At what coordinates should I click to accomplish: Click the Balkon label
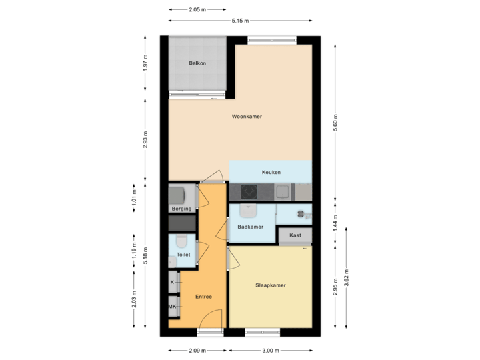(x=197, y=63)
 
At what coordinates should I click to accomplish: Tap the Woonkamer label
(x=247, y=117)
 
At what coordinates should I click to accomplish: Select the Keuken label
(x=271, y=172)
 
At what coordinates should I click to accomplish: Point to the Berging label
(x=181, y=209)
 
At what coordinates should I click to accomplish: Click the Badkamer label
(x=250, y=227)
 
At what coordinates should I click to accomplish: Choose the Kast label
(x=296, y=235)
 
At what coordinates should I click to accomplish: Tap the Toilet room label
(x=183, y=255)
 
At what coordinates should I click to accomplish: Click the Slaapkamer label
(x=271, y=285)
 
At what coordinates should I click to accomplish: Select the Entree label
(x=203, y=297)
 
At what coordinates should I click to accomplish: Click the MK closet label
(x=172, y=307)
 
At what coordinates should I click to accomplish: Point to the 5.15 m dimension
(x=237, y=20)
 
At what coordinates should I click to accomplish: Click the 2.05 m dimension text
(x=197, y=9)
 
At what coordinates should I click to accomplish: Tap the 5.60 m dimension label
(x=337, y=122)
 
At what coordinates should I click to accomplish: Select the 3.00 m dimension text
(x=271, y=351)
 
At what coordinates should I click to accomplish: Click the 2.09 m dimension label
(x=197, y=351)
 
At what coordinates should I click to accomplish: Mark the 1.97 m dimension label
(x=145, y=63)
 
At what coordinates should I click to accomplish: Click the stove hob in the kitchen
(x=249, y=192)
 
